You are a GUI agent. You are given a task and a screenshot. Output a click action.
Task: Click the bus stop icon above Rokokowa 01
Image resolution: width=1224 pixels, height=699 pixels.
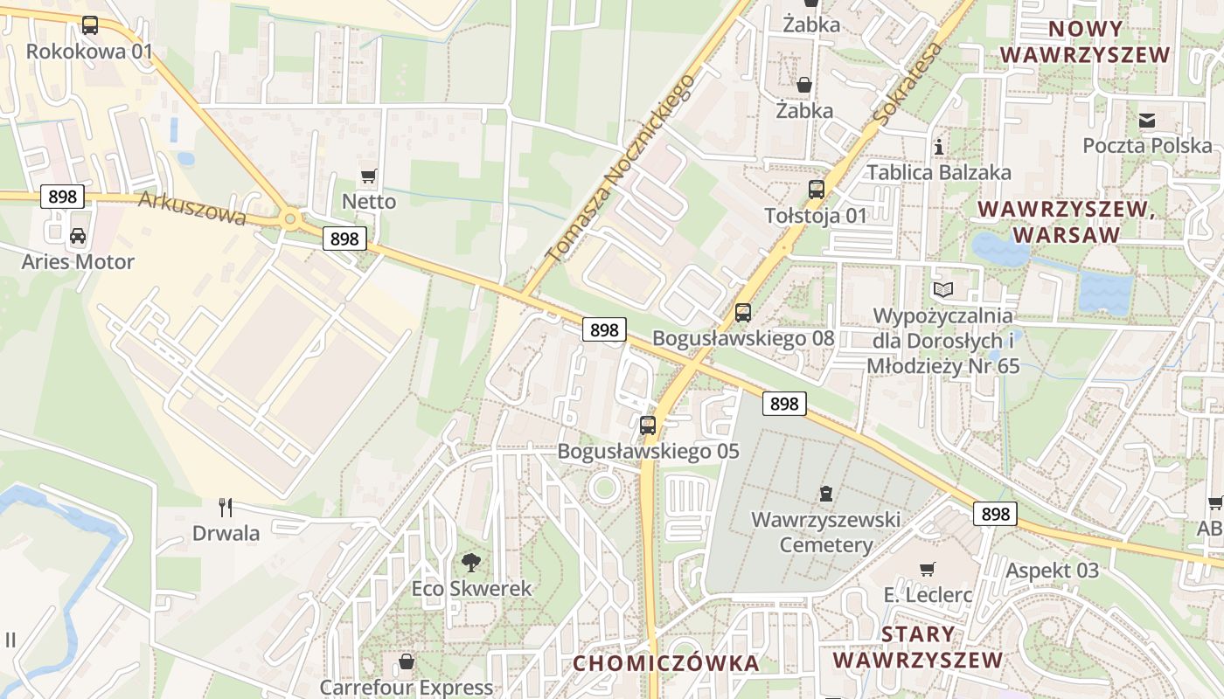[89, 25]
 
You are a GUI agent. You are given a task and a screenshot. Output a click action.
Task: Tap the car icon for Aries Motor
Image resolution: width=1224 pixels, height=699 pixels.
[78, 235]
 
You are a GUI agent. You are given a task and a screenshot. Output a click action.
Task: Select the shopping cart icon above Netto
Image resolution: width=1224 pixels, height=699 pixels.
[369, 176]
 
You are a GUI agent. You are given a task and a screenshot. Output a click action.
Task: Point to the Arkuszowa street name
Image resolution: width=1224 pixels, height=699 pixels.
[192, 209]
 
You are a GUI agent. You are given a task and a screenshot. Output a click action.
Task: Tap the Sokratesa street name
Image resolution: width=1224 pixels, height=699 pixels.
[908, 84]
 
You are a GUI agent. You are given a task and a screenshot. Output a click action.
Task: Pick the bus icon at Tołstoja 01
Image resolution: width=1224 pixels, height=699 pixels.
[816, 189]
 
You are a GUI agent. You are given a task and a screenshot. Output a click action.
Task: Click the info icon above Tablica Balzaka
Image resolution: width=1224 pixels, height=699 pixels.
[939, 146]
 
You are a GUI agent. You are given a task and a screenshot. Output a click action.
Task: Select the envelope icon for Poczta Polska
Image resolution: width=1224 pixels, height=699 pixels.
[1147, 120]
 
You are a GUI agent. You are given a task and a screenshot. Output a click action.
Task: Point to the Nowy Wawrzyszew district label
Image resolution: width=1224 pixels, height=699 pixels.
[1084, 41]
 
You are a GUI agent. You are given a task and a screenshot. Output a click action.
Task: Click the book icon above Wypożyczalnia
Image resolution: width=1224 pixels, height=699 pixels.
[943, 289]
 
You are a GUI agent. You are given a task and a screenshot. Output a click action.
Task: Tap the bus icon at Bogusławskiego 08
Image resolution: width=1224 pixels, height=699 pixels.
[743, 312]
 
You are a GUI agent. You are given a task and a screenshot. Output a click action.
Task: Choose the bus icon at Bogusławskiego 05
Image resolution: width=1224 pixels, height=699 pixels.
[648, 426]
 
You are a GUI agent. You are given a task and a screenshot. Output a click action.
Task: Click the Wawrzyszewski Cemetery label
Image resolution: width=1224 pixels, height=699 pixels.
[825, 533]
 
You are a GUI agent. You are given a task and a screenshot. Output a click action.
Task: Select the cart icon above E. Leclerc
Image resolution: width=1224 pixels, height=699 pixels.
[928, 569]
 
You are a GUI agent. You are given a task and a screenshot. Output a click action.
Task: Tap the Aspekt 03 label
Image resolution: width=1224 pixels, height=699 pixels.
[1052, 571]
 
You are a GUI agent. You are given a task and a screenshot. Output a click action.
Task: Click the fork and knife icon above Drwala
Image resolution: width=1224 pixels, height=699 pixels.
[226, 507]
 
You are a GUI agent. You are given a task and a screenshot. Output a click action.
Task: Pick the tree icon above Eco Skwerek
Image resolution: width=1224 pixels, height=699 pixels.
[471, 562]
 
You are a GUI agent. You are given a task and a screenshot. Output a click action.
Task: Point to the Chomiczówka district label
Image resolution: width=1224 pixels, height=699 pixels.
[666, 663]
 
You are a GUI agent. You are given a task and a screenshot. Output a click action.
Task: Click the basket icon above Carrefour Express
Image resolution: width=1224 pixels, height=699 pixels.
[406, 661]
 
